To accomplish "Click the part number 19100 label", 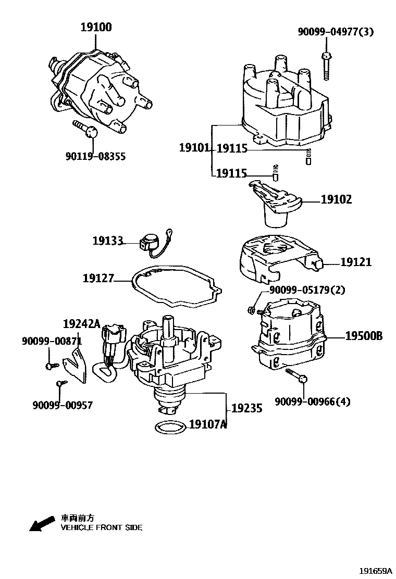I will [95, 28].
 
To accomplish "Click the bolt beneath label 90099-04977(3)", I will [326, 65].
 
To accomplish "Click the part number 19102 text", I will [336, 199].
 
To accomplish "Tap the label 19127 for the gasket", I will [98, 279].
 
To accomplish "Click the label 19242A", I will [81, 323].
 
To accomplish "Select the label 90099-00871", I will [52, 341].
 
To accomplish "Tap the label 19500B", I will [363, 336].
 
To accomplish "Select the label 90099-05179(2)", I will [307, 290].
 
